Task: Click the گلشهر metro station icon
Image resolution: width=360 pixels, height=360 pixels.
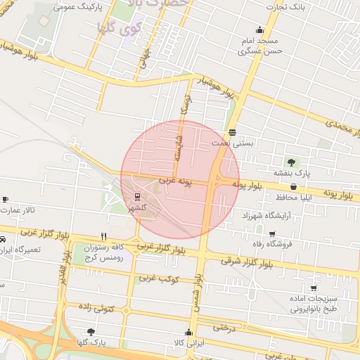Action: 137,197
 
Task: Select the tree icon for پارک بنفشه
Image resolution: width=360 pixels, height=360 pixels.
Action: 291,162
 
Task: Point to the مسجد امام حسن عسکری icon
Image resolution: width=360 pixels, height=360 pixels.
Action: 260,30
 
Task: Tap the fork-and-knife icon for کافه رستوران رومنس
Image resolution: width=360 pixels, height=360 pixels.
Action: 104,236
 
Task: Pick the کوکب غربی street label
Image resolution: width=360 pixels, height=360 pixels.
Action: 156,279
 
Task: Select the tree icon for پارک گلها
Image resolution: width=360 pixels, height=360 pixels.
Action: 90,332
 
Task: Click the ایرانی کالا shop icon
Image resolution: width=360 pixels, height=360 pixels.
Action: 188,333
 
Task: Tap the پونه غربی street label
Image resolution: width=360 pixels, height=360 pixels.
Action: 175,181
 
